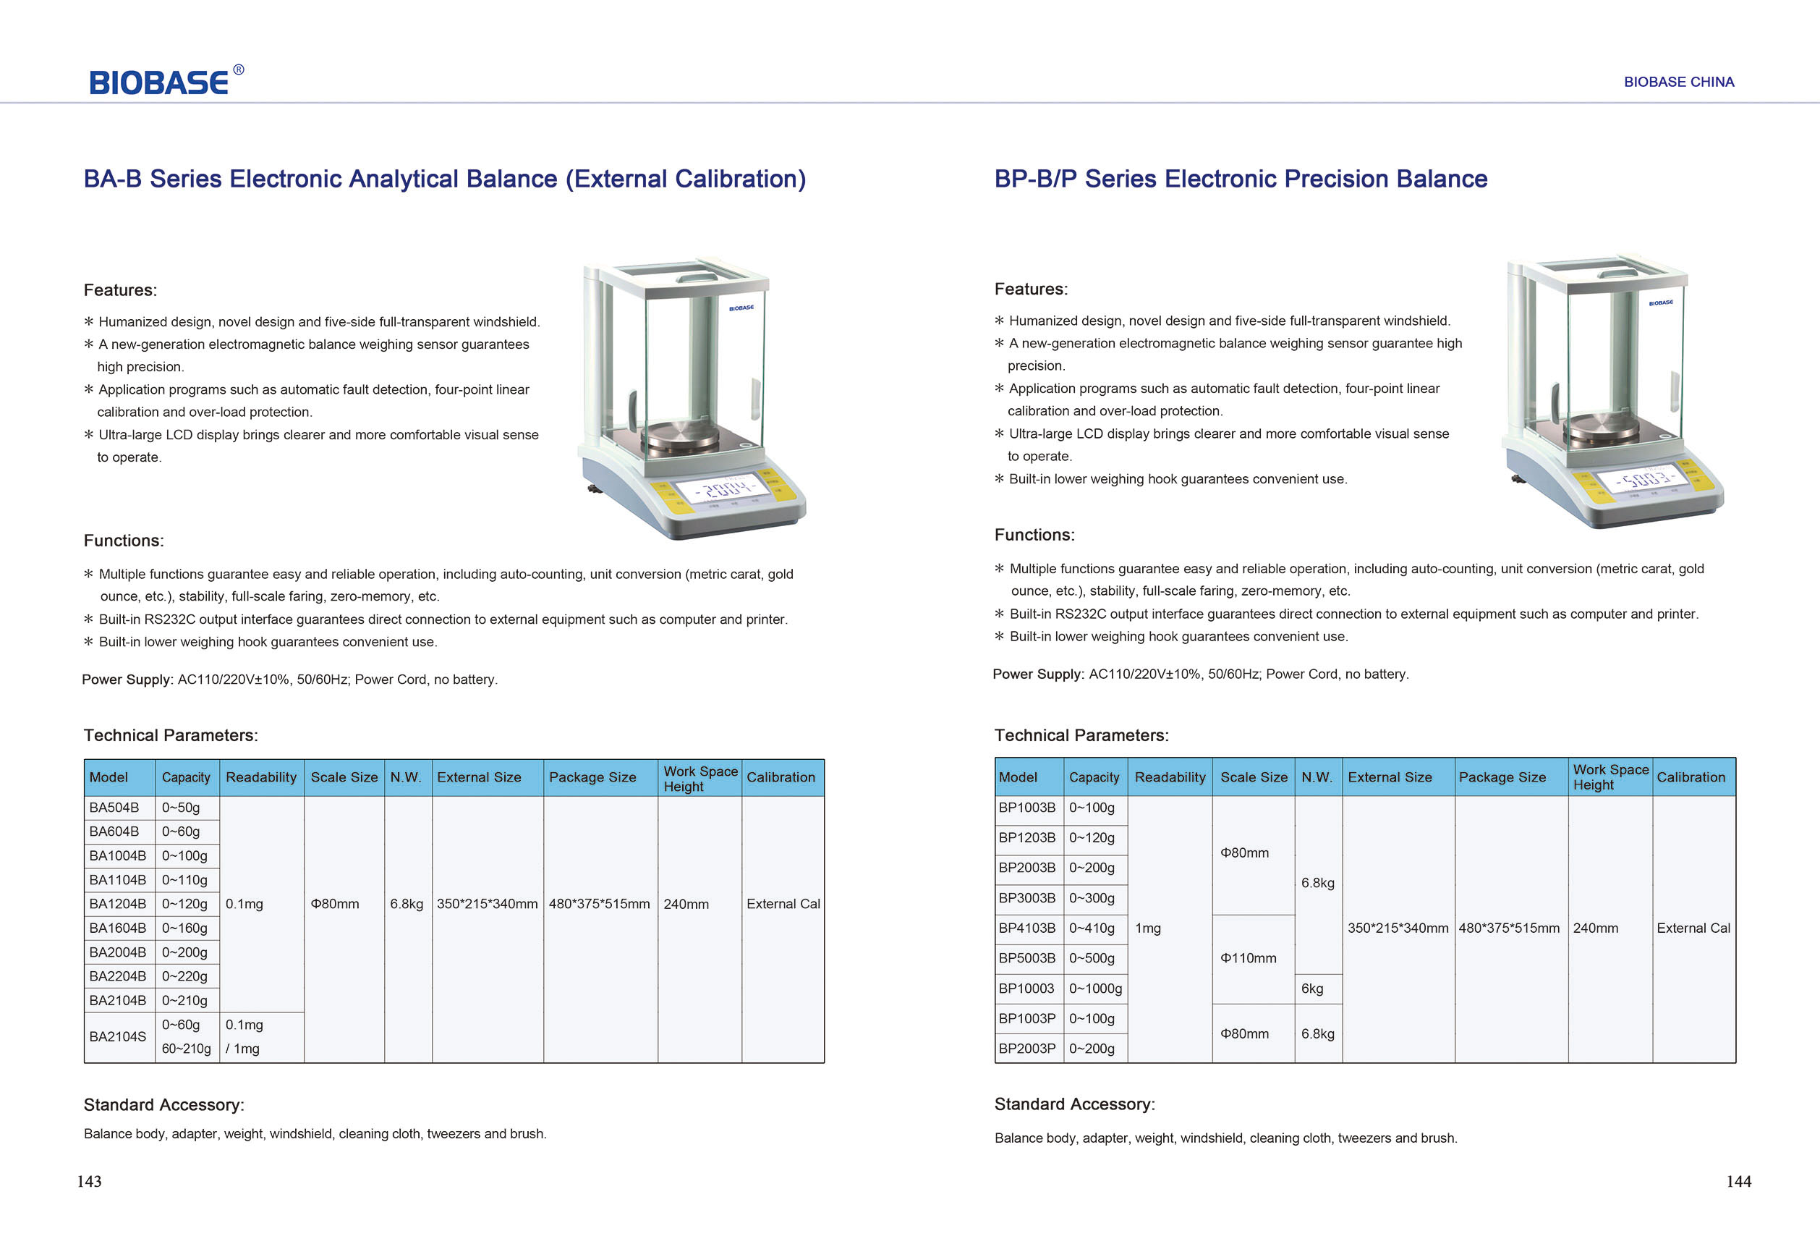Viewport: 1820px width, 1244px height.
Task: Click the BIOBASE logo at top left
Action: [160, 82]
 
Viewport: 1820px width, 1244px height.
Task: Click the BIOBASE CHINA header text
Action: [1678, 82]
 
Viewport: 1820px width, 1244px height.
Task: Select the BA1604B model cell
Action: [117, 928]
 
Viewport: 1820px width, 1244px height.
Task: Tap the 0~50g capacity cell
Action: [181, 808]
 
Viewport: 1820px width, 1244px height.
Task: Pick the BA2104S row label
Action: [117, 1036]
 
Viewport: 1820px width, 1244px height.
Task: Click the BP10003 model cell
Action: [1026, 989]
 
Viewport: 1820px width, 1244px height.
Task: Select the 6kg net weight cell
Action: [1311, 989]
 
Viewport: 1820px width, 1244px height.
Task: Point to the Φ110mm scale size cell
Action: [1249, 958]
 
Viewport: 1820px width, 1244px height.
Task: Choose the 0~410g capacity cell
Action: [1092, 928]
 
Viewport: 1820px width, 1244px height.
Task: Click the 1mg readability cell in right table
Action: [1148, 928]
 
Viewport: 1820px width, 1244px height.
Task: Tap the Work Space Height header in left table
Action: [699, 778]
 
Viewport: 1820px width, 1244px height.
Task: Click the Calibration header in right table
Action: [1690, 777]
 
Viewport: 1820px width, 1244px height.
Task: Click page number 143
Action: [89, 1181]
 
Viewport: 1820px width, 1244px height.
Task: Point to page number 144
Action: [1738, 1181]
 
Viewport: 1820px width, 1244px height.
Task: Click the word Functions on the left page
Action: [124, 541]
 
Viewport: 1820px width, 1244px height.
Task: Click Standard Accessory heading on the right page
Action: [1073, 1104]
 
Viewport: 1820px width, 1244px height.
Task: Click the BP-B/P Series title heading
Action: [1241, 179]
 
